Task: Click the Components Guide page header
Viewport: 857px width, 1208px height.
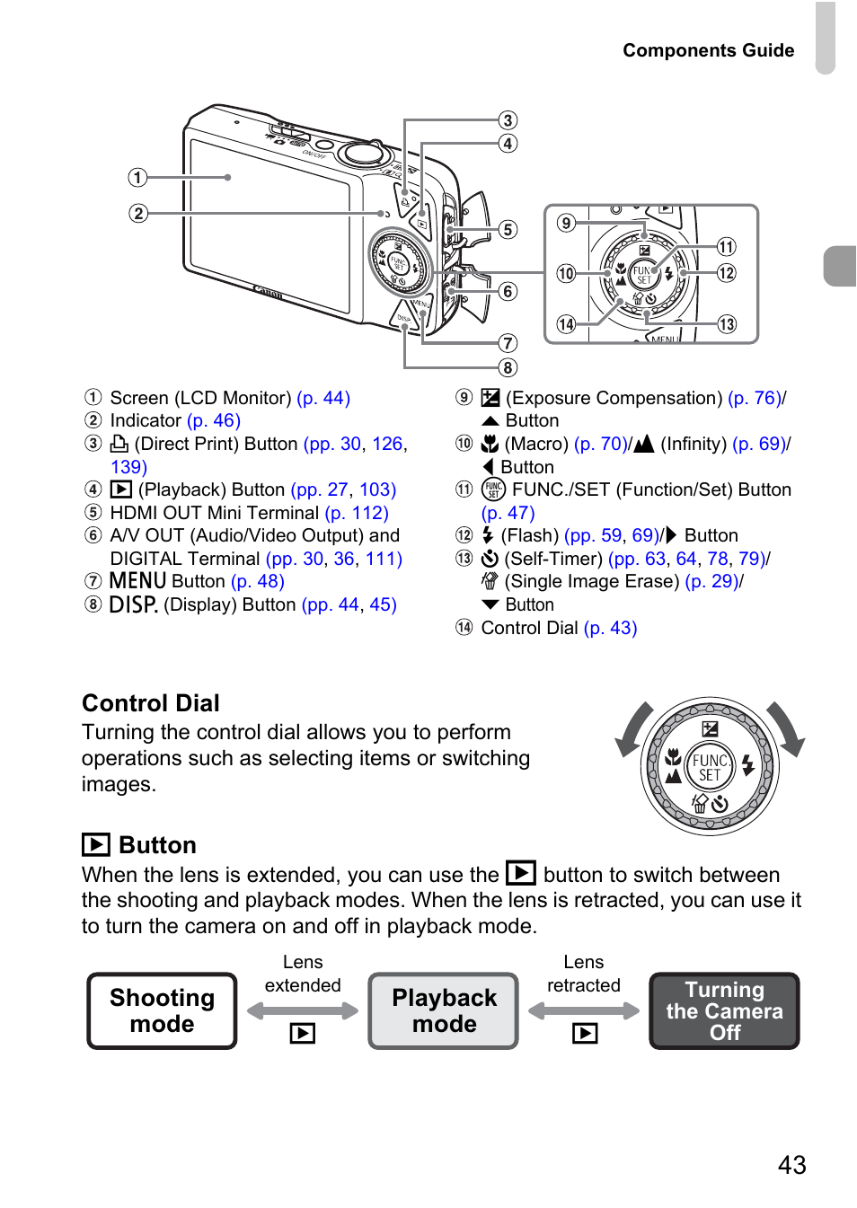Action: click(708, 50)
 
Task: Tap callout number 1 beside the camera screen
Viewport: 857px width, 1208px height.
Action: click(137, 178)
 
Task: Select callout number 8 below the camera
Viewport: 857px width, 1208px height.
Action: click(508, 368)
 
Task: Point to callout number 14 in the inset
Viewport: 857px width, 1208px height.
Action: click(566, 324)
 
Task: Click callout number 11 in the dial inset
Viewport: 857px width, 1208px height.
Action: click(726, 247)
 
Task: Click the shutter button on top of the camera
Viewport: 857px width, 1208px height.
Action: click(362, 152)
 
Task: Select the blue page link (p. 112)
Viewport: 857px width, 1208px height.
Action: click(357, 513)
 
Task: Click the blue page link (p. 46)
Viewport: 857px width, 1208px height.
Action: click(214, 420)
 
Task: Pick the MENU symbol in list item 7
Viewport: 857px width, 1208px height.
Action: click(137, 581)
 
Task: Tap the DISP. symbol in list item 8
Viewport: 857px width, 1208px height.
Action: click(133, 604)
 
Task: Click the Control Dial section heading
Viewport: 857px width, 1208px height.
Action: click(151, 703)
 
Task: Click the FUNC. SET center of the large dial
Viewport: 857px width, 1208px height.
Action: click(710, 766)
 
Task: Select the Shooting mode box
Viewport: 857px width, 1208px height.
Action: click(162, 1010)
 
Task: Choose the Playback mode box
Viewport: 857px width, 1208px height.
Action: click(444, 1010)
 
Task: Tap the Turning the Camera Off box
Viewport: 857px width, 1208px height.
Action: click(724, 1010)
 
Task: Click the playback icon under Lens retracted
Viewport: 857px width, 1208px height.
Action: click(585, 1033)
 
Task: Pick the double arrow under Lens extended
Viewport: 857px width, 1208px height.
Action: click(303, 1010)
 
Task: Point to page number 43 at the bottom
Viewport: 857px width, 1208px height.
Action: click(791, 1165)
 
